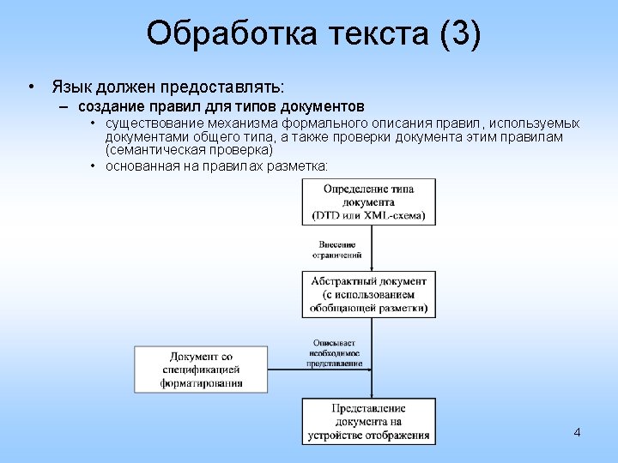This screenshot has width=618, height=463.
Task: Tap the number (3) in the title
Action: (459, 34)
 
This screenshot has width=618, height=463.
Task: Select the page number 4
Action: (577, 432)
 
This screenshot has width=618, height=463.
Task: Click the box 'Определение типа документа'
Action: (369, 201)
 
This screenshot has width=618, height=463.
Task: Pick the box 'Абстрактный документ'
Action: (369, 294)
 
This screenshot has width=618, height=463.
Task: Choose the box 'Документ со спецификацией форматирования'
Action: (201, 370)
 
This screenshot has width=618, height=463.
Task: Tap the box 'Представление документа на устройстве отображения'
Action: (369, 421)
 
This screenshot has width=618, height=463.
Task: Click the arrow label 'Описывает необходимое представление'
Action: (335, 352)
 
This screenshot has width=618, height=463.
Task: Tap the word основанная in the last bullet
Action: (142, 165)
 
